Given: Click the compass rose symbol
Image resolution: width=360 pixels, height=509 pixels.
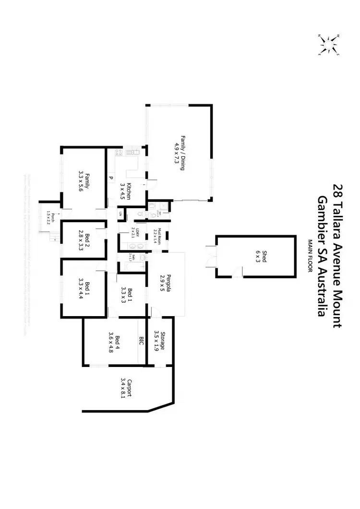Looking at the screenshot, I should click(328, 44).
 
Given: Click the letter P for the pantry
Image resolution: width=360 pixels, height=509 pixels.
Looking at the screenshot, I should click(111, 178).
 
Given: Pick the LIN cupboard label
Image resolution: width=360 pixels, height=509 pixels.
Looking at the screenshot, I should click(120, 213).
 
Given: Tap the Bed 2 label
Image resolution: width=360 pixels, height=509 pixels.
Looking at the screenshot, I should click(84, 241).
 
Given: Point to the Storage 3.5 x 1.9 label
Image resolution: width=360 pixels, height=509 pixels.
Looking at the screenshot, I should click(159, 341).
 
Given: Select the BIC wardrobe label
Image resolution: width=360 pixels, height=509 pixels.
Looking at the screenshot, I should click(142, 342).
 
